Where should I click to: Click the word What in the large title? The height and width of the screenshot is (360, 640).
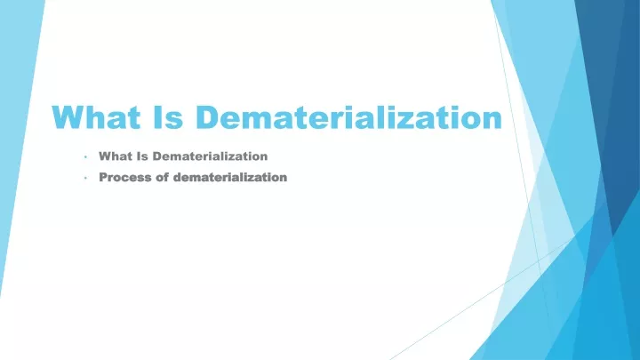point(96,117)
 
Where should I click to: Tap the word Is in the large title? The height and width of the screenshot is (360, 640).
point(168,117)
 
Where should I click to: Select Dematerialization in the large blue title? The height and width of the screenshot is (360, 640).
point(349,117)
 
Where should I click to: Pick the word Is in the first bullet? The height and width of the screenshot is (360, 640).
point(142,156)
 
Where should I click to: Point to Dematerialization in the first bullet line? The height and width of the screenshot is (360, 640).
point(210,156)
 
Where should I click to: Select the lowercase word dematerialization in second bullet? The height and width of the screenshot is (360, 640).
point(230,177)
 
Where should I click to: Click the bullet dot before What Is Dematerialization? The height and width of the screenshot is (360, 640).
point(85,156)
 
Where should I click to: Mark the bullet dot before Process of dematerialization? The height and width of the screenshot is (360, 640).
point(85,178)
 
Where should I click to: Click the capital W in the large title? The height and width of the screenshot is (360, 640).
point(69,117)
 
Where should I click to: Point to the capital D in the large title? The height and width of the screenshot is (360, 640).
point(208,117)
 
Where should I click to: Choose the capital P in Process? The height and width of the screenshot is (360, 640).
point(103,177)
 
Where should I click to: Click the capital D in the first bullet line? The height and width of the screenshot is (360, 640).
point(157,156)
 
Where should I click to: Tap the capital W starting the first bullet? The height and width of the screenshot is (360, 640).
point(105,156)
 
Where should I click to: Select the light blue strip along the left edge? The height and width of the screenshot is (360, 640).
point(16,123)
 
